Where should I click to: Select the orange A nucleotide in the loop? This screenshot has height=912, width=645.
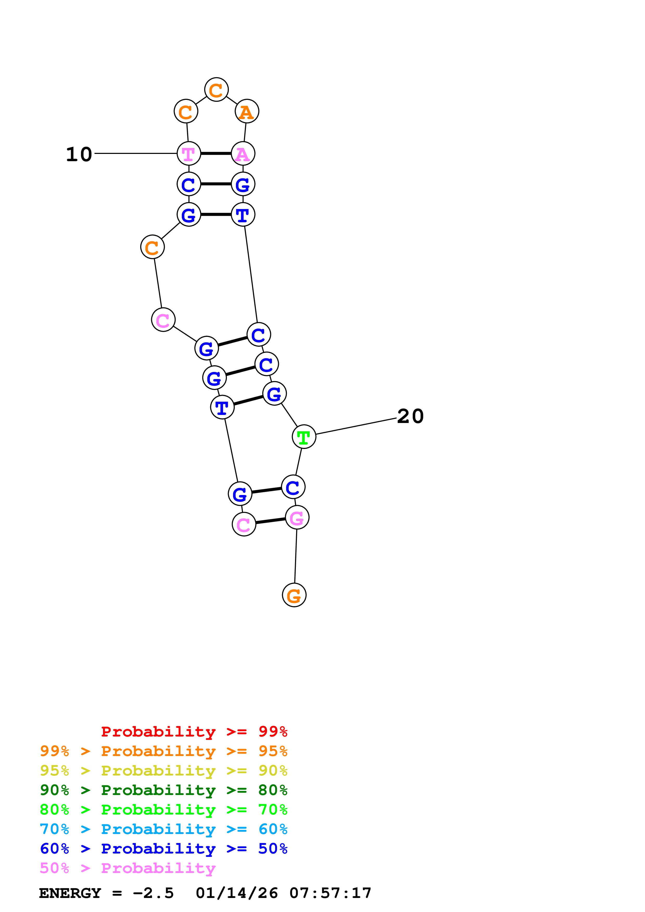pos(247,112)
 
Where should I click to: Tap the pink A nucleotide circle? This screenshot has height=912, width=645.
pos(243,153)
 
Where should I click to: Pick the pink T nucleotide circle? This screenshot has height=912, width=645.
pos(188,153)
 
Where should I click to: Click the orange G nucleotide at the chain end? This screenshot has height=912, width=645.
pos(294,595)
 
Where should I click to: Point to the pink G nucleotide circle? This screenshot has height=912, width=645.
pos(297,518)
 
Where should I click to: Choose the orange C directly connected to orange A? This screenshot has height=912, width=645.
pos(216,90)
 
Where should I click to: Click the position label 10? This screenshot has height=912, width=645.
pos(79,154)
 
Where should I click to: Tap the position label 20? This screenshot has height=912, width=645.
pos(410,416)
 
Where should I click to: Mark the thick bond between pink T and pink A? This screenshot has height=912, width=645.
pos(216,153)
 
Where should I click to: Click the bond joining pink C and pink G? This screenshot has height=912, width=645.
pos(271,521)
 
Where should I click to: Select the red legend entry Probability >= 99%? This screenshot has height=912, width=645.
pos(194,731)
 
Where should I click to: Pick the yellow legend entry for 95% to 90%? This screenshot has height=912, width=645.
pos(163,770)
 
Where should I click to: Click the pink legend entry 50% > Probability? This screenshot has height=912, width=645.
pos(127,868)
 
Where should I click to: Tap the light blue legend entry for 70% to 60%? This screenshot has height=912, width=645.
pos(163,829)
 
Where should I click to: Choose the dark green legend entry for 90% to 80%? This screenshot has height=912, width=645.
pos(163,790)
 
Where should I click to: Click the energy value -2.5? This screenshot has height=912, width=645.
pos(154,893)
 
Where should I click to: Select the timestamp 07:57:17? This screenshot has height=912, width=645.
pos(330,893)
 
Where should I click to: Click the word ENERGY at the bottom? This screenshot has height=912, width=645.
pos(70,893)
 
